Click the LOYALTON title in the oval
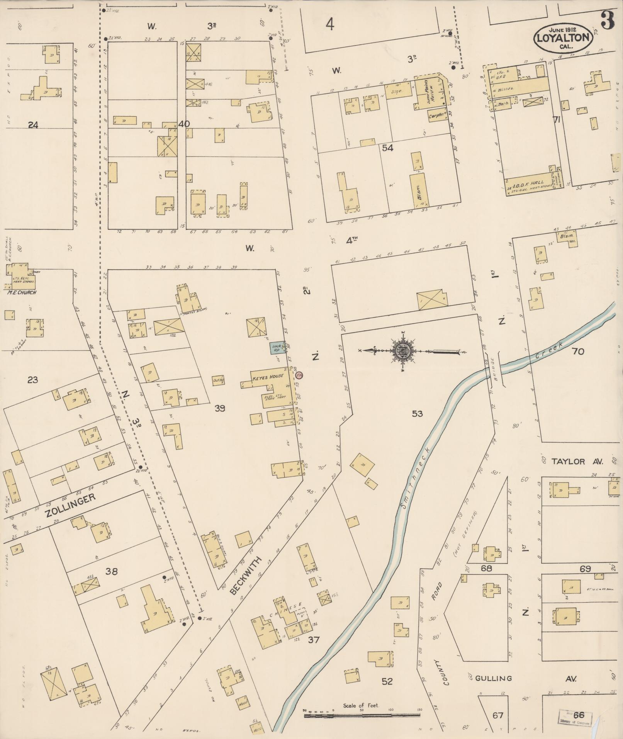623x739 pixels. click(x=563, y=38)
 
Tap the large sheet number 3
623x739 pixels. click(x=608, y=21)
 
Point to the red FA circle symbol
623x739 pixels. click(x=299, y=375)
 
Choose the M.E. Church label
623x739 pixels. click(x=22, y=292)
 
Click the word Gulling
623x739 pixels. click(x=493, y=678)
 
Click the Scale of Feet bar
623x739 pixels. click(x=362, y=715)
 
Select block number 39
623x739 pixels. click(x=220, y=408)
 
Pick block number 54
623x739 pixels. click(x=387, y=148)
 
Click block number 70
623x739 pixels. click(x=578, y=351)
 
